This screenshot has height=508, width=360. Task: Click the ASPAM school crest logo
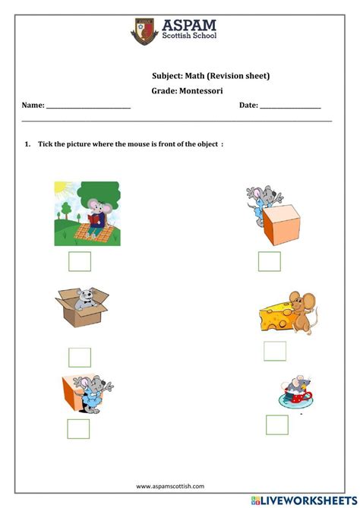(143, 31)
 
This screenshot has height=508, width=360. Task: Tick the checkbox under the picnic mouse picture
(80, 261)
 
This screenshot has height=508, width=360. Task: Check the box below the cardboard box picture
(80, 357)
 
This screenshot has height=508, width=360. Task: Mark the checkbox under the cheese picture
(275, 351)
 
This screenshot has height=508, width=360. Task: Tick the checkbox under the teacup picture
(276, 424)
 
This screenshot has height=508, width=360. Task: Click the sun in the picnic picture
(62, 189)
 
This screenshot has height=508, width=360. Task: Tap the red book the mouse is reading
(95, 219)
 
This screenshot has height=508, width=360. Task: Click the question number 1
(26, 144)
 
